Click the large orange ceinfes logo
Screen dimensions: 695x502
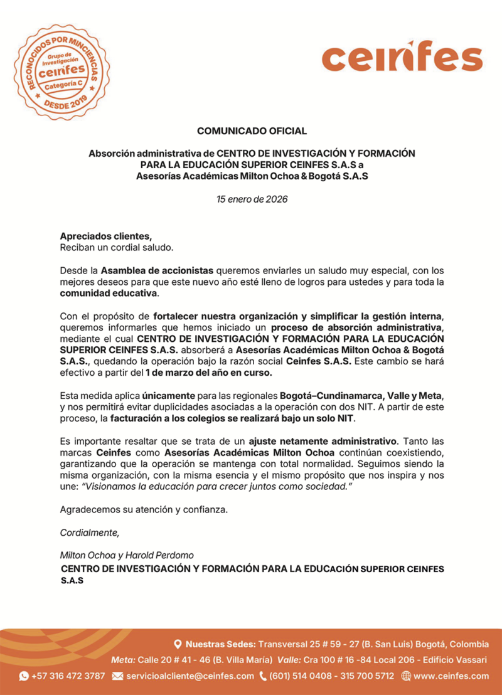point(402,58)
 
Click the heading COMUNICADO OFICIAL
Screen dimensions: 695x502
point(252,131)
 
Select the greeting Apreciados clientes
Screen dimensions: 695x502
point(105,236)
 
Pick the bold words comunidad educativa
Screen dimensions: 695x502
point(109,293)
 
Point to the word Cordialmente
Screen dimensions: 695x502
point(89,533)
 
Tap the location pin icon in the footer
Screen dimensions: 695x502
point(178,644)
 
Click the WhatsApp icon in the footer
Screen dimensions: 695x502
point(24,676)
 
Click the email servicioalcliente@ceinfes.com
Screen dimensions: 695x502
point(190,676)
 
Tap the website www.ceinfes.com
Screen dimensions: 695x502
point(451,676)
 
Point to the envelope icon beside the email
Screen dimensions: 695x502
point(117,676)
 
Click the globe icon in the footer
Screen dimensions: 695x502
point(405,676)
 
